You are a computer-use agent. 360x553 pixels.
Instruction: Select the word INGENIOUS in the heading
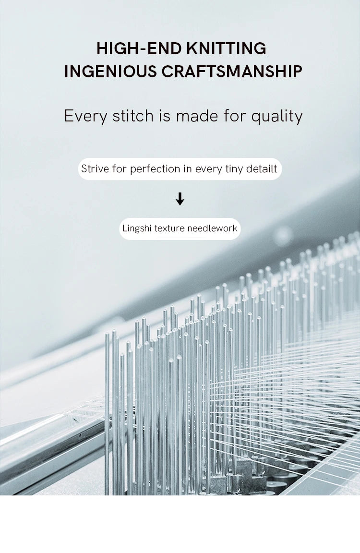(110, 72)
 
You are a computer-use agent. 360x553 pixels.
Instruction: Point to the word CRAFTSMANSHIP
(232, 72)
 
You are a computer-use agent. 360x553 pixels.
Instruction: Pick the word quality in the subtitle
(277, 117)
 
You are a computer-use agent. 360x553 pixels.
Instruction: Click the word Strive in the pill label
(95, 168)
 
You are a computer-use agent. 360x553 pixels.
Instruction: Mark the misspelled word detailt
(262, 168)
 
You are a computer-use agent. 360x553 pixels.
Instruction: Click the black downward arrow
(180, 199)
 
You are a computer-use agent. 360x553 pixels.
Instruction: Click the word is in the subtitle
(165, 116)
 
